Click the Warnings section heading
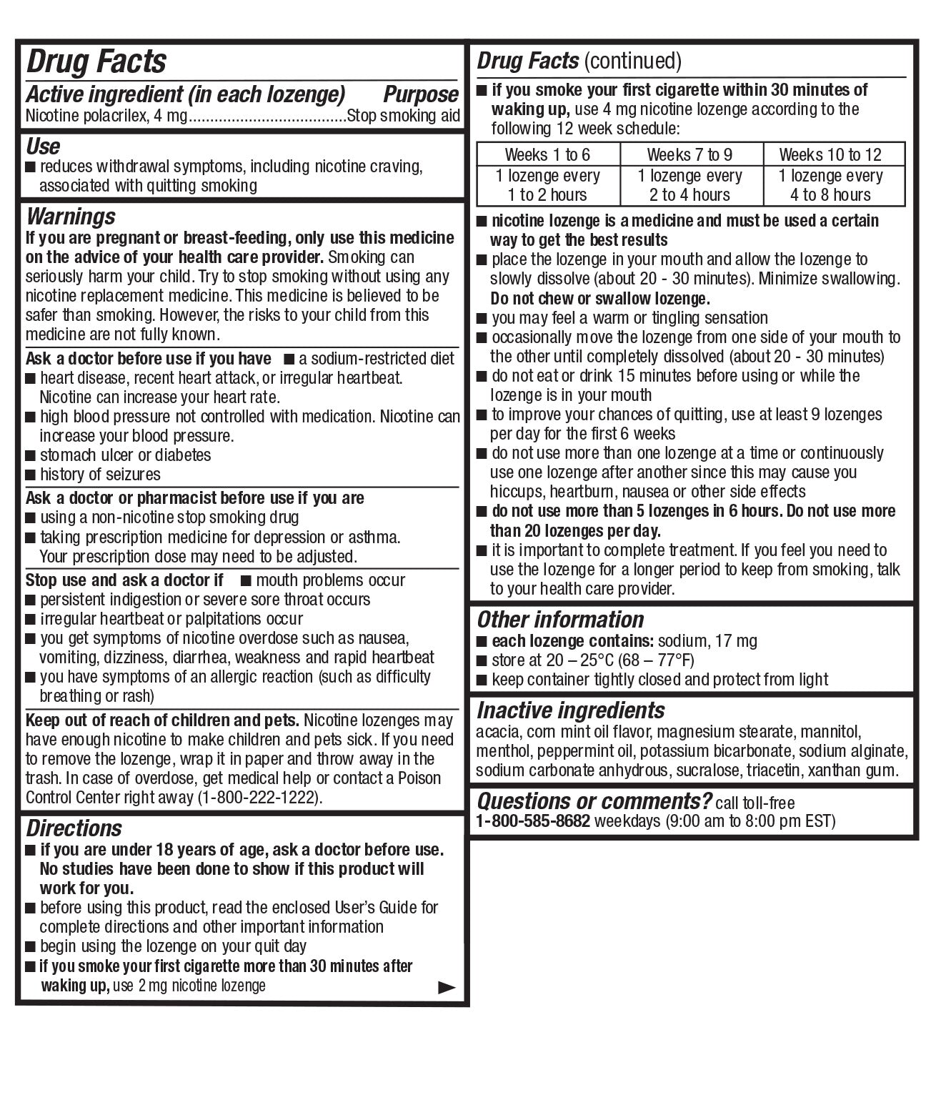(70, 217)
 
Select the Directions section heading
(74, 828)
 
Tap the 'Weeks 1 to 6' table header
(547, 154)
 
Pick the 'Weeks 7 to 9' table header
(689, 154)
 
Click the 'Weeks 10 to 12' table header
(830, 154)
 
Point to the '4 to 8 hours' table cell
(830, 194)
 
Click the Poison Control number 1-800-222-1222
(259, 798)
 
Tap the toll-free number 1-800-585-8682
(533, 821)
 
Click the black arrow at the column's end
(446, 988)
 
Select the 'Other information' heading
(560, 619)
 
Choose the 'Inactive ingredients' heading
(570, 710)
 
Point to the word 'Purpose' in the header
(420, 94)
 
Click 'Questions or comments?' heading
(594, 801)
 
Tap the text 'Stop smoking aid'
(404, 116)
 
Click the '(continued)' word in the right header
(632, 61)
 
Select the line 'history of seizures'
(100, 475)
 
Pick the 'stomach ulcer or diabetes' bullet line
(125, 455)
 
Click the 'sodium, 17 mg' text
(707, 641)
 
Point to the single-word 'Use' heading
(43, 147)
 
